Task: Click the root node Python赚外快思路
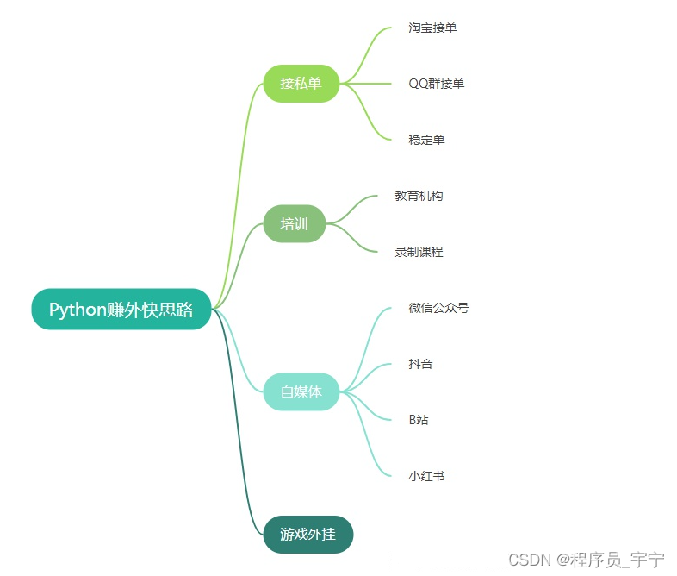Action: [x=121, y=310]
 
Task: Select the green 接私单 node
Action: [x=301, y=84]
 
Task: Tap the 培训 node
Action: [x=294, y=224]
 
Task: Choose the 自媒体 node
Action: [x=301, y=391]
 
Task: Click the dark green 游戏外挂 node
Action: [x=307, y=534]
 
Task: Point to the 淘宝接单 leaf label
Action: [x=432, y=28]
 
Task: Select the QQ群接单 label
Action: [x=436, y=84]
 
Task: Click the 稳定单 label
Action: [x=426, y=140]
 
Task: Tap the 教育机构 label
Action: [x=419, y=196]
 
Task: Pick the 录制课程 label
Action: [x=419, y=252]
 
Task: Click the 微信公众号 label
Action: [x=438, y=308]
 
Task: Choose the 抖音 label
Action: [x=420, y=364]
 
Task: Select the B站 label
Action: [x=419, y=420]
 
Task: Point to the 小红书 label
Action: [x=426, y=476]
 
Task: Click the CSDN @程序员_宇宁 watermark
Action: [x=586, y=560]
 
